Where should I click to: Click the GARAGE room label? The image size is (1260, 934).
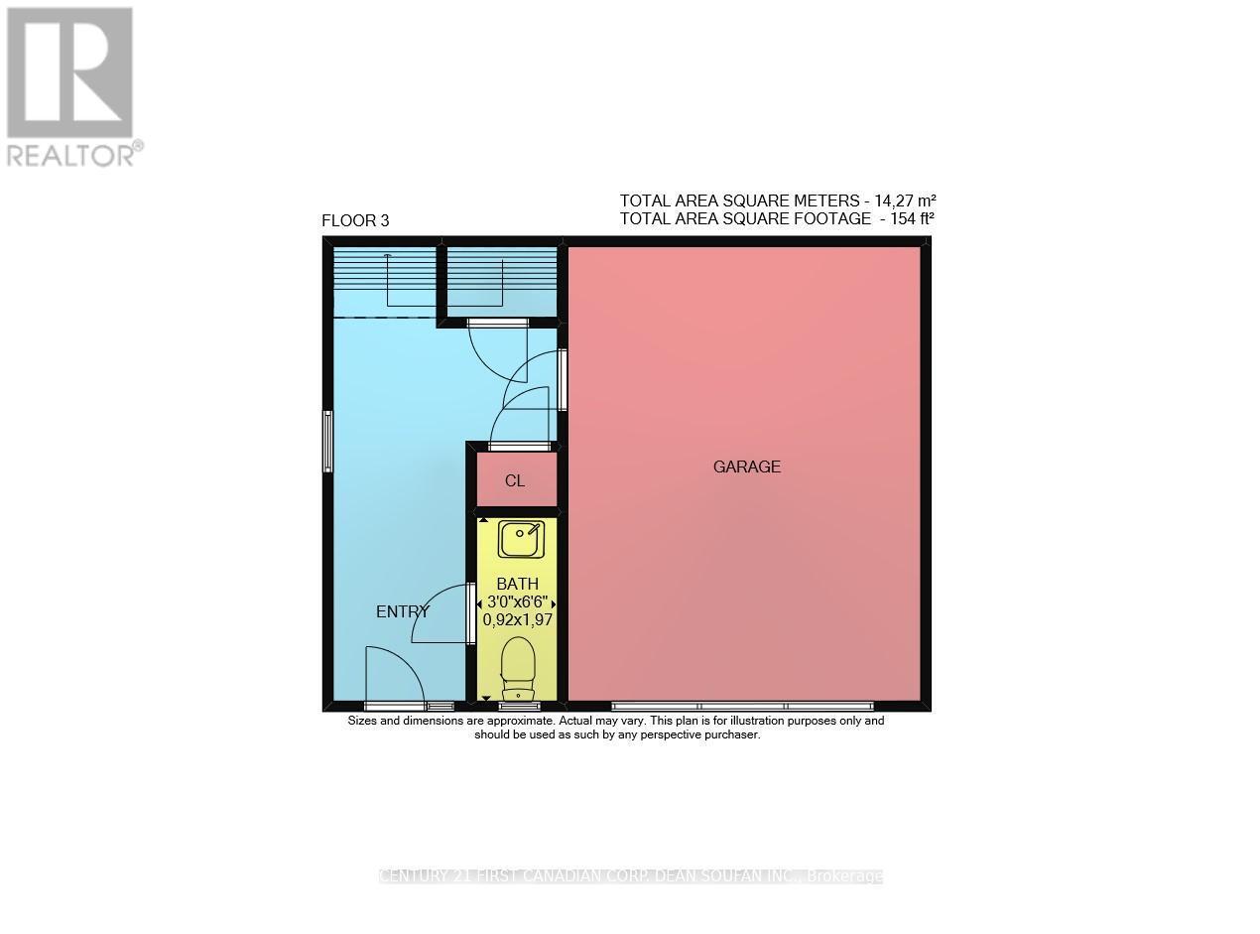tap(746, 467)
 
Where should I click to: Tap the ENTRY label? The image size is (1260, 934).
tap(402, 612)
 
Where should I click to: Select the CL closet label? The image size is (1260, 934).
tap(514, 481)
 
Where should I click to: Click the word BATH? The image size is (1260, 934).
tap(517, 585)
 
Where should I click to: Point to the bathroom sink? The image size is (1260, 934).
tap(520, 540)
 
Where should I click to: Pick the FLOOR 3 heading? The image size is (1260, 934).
tap(355, 221)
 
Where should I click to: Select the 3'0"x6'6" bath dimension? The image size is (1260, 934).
tap(517, 602)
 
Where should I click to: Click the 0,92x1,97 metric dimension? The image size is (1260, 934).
tap(517, 619)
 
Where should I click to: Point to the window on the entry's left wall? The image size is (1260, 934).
tap(327, 442)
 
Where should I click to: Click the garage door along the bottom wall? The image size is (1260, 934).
tap(742, 706)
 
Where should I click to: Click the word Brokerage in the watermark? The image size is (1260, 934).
tap(844, 876)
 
